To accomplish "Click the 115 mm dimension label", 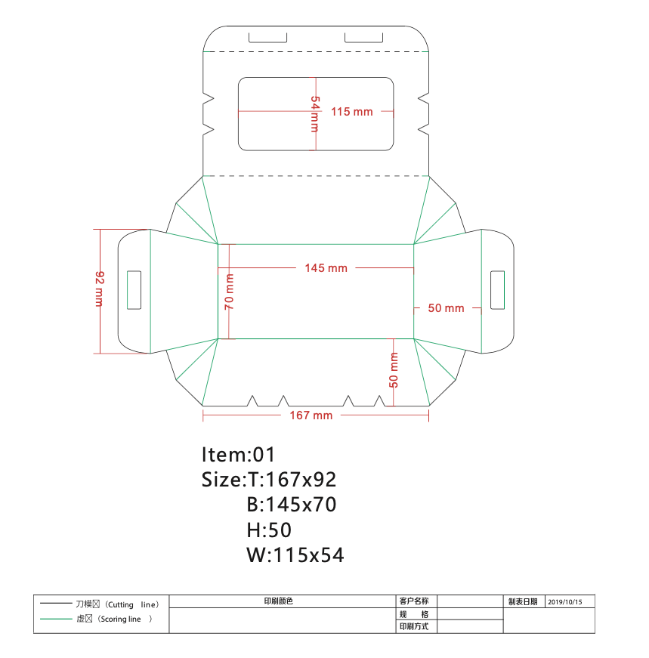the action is tap(352, 112).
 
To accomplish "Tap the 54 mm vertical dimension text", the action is tap(314, 114).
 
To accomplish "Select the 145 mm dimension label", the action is tap(326, 268).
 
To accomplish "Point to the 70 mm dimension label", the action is tap(229, 292).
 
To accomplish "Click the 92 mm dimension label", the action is tap(100, 289).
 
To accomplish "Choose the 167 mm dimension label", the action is tap(311, 415).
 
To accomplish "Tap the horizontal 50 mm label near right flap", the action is tap(446, 308).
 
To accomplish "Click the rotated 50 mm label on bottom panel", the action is tap(394, 370).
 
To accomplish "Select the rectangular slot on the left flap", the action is tap(134, 290).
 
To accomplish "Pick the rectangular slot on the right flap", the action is tap(497, 290).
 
